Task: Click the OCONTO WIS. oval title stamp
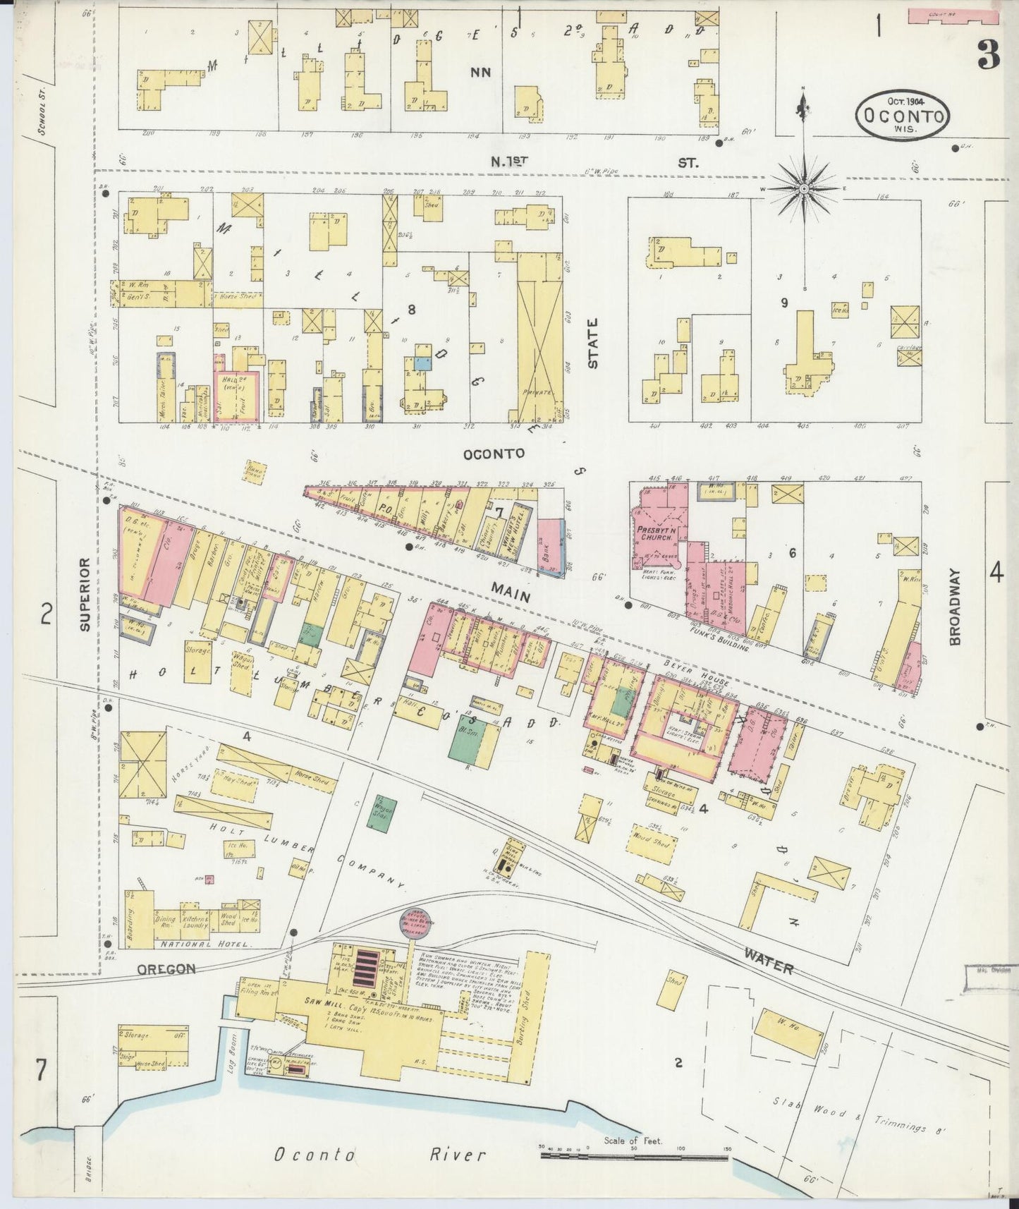[x=903, y=114]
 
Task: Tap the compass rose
[x=804, y=189]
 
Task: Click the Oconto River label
[x=379, y=1155]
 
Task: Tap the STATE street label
[x=592, y=343]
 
